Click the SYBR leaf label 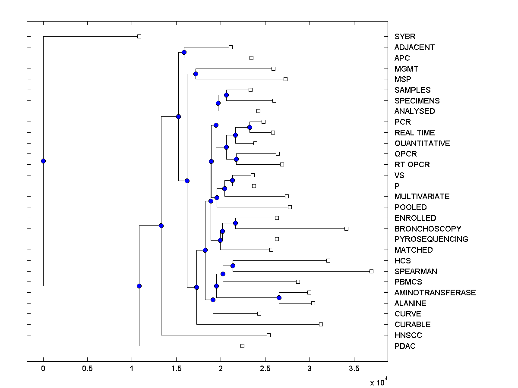[x=405, y=37]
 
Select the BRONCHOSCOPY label [x=427, y=229]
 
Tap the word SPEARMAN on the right [x=416, y=272]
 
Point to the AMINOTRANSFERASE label [x=435, y=293]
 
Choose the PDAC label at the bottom [x=405, y=346]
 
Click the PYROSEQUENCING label [x=431, y=239]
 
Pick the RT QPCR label [x=412, y=165]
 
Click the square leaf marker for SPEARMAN [x=371, y=271]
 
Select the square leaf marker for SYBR [x=139, y=36]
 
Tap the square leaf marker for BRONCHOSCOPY [x=346, y=228]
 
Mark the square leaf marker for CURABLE [x=321, y=324]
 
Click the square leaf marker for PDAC [x=242, y=346]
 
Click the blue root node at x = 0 [x=43, y=161]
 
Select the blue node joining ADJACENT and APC [x=184, y=52]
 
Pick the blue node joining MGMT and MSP [x=196, y=74]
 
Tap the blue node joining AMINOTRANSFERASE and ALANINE [x=279, y=298]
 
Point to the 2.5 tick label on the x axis [x=265, y=369]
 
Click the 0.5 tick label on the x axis [x=87, y=369]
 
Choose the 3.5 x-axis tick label [x=354, y=369]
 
